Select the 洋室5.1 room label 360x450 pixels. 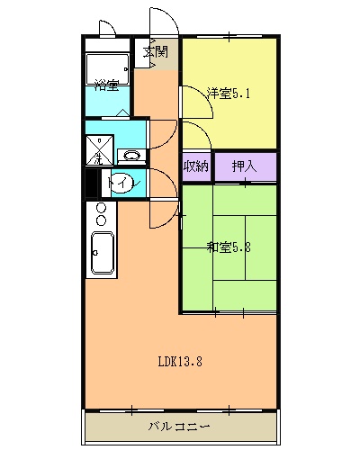point(222,92)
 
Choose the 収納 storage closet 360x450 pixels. point(196,166)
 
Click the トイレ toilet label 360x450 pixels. point(117,184)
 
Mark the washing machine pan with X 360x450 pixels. point(100,148)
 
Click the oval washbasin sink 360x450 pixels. point(131,155)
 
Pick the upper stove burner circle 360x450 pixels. point(101,209)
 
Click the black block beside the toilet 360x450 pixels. point(91,184)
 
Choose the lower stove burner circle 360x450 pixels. point(101,220)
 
